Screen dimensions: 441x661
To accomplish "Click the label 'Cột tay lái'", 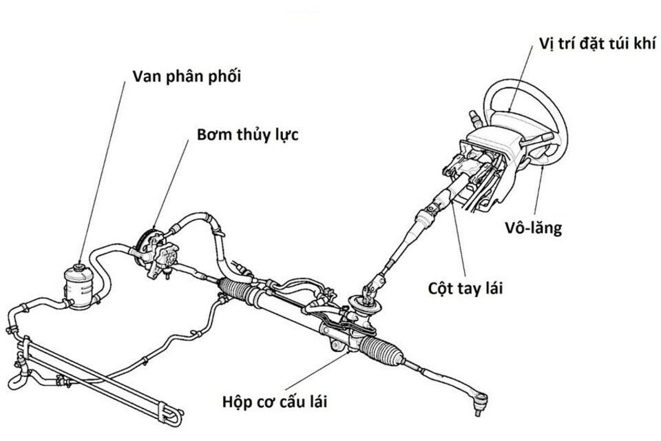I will click(x=462, y=288).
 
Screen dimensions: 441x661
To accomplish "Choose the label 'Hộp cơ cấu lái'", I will click(x=274, y=400).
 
